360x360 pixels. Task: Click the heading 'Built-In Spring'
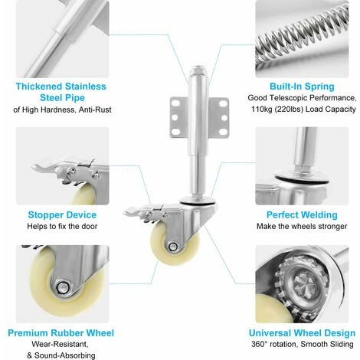[x=302, y=87]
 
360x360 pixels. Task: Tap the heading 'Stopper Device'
[x=62, y=214]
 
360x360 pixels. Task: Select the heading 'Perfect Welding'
[x=302, y=214]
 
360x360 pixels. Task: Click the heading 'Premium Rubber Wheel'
[x=61, y=333]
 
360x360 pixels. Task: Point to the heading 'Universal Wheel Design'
[x=302, y=333]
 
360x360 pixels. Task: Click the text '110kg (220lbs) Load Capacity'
[x=303, y=110]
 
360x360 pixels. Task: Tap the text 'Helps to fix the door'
[x=62, y=226]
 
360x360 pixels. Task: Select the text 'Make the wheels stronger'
[x=302, y=226]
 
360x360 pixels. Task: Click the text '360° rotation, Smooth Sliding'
[x=303, y=344]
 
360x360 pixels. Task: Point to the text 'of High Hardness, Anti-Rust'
[x=62, y=110]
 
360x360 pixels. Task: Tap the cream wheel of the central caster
[x=174, y=244]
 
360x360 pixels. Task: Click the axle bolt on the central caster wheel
[x=173, y=247]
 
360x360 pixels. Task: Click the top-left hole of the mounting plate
[x=175, y=103]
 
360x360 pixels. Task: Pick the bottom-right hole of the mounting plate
[x=223, y=132]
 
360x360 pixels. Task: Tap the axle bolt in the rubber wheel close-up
[x=62, y=288]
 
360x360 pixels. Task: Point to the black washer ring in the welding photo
[x=302, y=179]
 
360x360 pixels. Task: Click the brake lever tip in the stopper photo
[x=36, y=167]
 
